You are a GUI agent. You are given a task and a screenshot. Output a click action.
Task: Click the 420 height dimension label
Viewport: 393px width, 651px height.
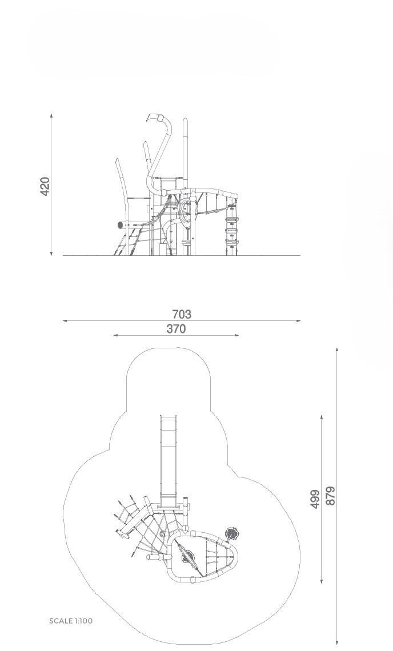(x=45, y=186)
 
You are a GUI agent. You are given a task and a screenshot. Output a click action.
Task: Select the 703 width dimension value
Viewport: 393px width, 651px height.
(x=182, y=314)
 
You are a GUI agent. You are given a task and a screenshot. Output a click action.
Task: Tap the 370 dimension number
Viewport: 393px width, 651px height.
(x=176, y=329)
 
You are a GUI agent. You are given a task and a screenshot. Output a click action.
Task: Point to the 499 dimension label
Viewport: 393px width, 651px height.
(x=315, y=499)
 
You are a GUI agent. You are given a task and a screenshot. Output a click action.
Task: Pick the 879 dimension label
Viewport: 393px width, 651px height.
(x=330, y=496)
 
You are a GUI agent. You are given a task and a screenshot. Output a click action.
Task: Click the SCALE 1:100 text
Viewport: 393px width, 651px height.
(x=71, y=621)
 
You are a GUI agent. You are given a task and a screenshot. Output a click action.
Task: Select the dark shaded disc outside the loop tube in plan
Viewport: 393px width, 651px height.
(x=232, y=533)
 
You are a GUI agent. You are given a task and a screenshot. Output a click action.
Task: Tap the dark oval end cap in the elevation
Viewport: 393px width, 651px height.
(x=121, y=225)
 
